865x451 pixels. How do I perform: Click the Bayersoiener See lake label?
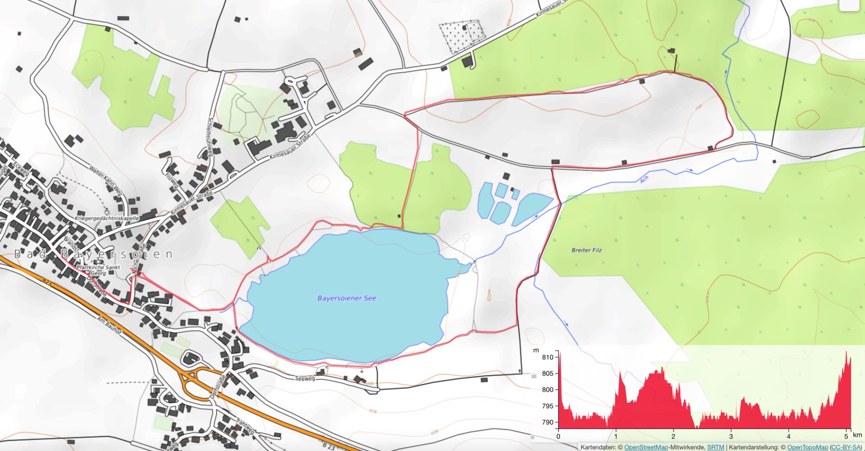click(347, 298)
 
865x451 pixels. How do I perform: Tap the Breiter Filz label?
click(586, 250)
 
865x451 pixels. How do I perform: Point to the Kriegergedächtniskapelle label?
click(108, 219)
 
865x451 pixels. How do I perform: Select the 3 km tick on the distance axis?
click(731, 437)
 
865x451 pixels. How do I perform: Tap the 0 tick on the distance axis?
click(558, 437)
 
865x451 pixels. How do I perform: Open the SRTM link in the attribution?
click(716, 447)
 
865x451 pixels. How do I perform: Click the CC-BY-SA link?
click(846, 447)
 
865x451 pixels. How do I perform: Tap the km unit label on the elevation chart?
click(856, 437)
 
